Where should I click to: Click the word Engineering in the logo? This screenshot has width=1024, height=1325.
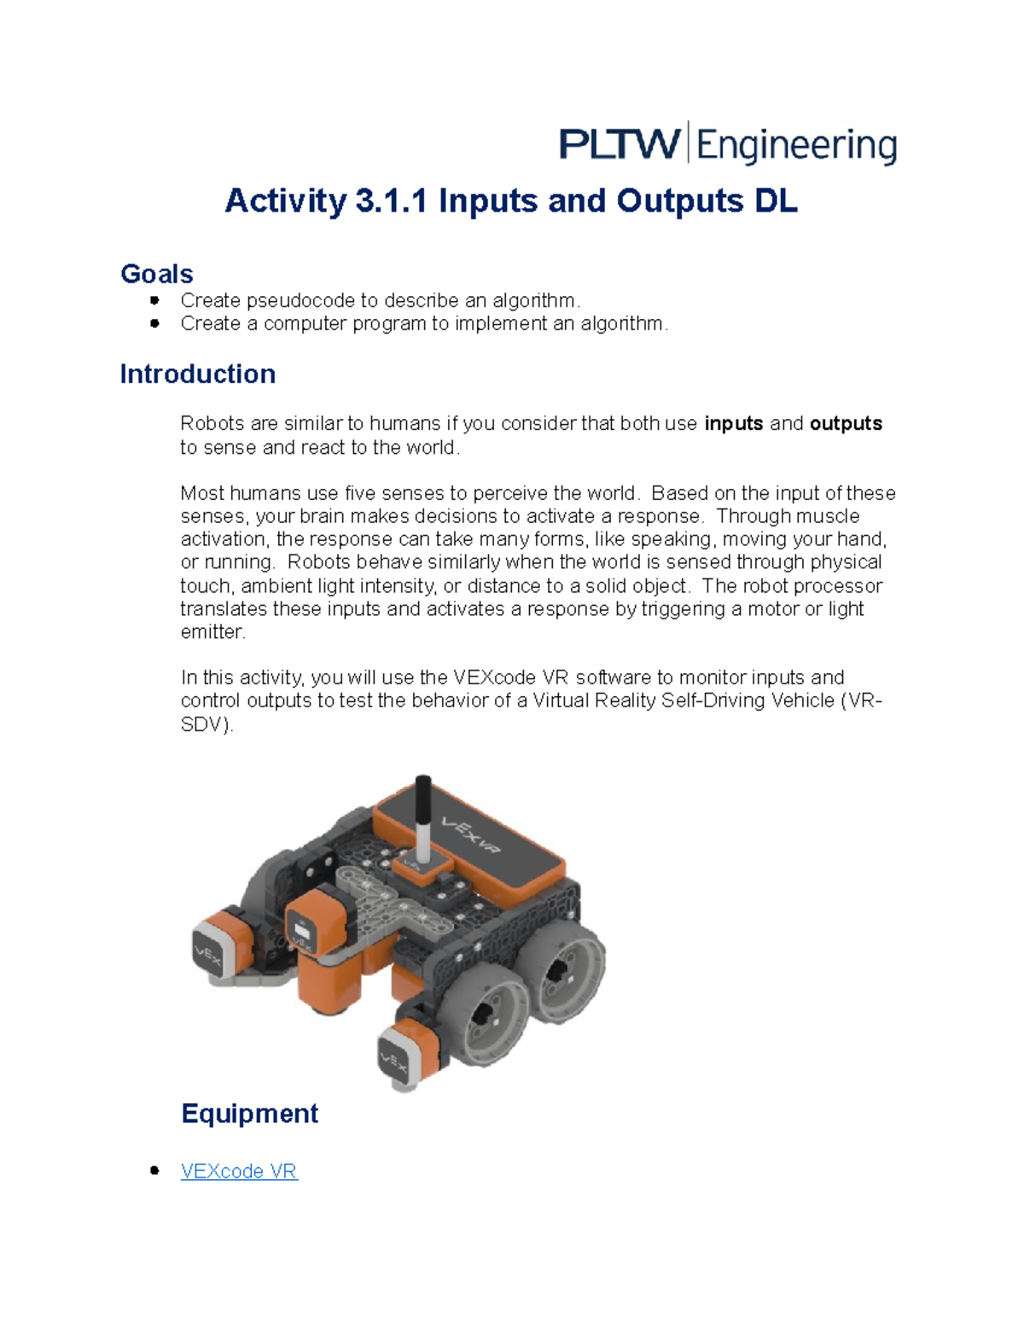point(796,146)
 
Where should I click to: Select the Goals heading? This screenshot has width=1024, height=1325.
point(157,274)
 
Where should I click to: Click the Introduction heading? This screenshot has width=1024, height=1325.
point(197,374)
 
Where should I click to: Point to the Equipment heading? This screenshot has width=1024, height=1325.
point(249,1113)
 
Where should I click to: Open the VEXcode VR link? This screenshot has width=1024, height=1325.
point(239,1171)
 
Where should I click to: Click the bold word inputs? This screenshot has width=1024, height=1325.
point(733,424)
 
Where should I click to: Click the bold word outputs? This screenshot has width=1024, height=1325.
point(846,424)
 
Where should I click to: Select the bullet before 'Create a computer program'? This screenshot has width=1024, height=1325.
point(154,323)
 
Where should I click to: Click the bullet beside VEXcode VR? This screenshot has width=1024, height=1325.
point(154,1171)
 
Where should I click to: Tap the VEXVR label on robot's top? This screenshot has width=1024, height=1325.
point(470,834)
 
